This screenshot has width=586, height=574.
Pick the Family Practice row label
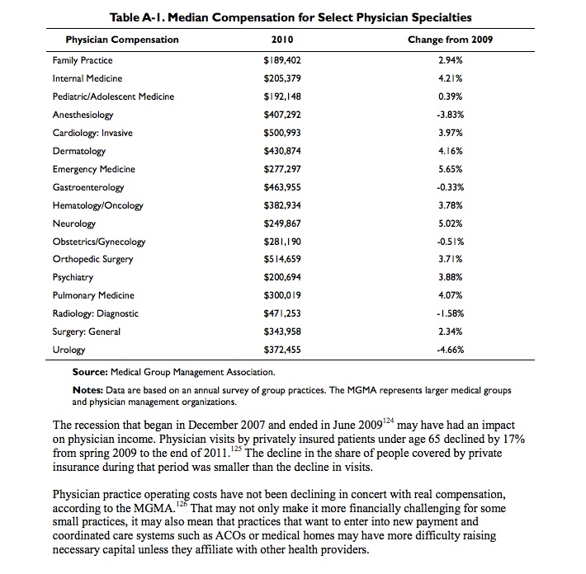83,60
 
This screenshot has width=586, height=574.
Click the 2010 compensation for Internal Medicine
281,78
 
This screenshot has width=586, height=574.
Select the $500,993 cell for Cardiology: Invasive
281,133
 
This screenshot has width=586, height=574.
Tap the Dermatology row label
79,151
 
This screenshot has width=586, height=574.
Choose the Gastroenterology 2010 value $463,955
281,187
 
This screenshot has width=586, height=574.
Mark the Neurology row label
74,223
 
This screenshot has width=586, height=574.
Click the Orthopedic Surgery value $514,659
281,259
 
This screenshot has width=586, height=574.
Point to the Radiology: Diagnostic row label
96,313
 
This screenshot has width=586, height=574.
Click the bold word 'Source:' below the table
92,373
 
